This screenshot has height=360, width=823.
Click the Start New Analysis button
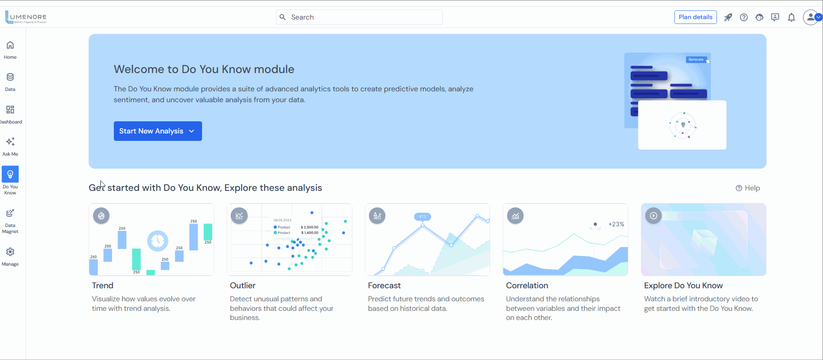point(157,131)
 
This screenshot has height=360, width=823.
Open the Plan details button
point(695,17)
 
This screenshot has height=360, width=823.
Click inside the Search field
point(359,17)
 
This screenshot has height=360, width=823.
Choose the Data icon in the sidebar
point(10,77)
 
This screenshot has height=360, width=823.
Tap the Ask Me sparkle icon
point(10,142)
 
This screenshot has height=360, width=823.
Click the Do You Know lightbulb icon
point(10,174)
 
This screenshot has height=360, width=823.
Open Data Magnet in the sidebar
point(10,213)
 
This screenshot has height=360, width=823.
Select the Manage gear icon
point(10,252)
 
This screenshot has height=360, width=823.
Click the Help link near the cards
point(748,188)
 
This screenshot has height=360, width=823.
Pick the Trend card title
point(103,285)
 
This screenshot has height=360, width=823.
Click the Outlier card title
point(242,285)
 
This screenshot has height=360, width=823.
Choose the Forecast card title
point(384,285)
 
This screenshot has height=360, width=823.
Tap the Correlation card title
point(527,285)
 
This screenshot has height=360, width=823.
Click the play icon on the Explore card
point(653,216)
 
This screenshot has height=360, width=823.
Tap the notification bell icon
point(791,17)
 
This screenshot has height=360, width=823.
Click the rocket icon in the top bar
point(728,17)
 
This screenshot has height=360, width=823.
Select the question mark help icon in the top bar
point(743,17)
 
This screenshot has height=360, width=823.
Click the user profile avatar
point(810,17)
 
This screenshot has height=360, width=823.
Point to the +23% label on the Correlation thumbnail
point(616,224)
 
